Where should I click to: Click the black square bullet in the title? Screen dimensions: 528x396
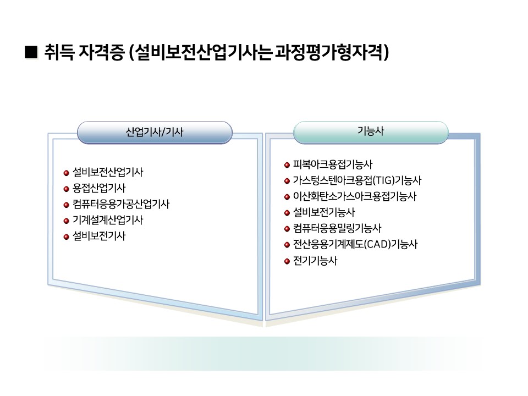(31, 52)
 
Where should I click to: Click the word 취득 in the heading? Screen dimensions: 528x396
(59, 52)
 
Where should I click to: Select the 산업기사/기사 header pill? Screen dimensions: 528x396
(155, 132)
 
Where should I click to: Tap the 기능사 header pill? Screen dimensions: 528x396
(371, 131)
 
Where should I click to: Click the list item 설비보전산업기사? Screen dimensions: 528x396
(108, 172)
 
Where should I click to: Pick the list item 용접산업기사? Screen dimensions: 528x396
(99, 188)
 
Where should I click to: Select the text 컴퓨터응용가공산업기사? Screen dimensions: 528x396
(121, 204)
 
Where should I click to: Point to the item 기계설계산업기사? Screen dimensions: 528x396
(108, 220)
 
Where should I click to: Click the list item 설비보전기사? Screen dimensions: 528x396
(99, 236)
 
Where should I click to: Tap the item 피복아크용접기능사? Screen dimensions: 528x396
(333, 164)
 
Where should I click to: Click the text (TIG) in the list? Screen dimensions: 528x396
(383, 180)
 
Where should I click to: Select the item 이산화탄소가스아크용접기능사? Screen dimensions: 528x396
(355, 196)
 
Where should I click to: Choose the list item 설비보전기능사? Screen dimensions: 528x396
(323, 212)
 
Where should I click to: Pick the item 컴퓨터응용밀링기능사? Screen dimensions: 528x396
(337, 228)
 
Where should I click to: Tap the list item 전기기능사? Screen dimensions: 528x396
(315, 261)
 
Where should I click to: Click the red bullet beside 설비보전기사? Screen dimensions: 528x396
(67, 237)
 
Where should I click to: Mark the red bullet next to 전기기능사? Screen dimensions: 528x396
(287, 261)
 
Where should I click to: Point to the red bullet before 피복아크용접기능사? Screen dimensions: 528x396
(287, 165)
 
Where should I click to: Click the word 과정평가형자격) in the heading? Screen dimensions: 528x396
(332, 53)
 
